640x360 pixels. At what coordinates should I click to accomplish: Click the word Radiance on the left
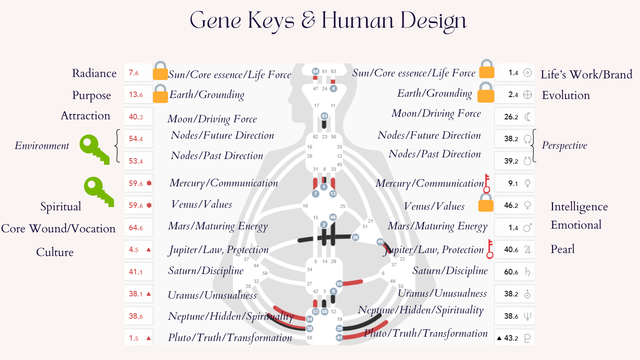tap(94, 73)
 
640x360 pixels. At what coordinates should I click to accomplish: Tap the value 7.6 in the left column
tap(134, 73)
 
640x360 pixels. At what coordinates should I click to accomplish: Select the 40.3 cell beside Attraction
tap(136, 117)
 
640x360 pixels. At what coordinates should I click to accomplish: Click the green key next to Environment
tap(94, 149)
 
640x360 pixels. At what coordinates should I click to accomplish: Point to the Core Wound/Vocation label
tap(58, 229)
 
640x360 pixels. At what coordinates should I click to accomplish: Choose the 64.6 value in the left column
tap(136, 228)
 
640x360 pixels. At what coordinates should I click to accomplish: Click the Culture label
tap(55, 252)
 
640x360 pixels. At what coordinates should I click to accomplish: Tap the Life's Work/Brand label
tap(586, 74)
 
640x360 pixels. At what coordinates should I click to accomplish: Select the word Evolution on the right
tap(566, 95)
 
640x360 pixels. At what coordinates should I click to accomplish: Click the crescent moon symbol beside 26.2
tap(527, 117)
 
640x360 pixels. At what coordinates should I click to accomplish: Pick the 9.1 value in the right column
tap(513, 183)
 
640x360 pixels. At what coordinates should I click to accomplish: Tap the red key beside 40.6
tap(490, 249)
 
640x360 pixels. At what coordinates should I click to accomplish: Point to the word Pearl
tap(562, 249)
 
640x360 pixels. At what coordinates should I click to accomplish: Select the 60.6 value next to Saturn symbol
tap(511, 272)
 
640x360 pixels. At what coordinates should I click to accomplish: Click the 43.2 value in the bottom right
tap(511, 338)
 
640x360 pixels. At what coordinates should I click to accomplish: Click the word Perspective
tap(564, 145)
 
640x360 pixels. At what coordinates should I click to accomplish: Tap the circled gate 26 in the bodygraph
tap(355, 237)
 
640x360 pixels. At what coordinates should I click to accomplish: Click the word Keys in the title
tap(271, 21)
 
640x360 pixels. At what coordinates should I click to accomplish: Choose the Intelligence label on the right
tap(579, 207)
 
